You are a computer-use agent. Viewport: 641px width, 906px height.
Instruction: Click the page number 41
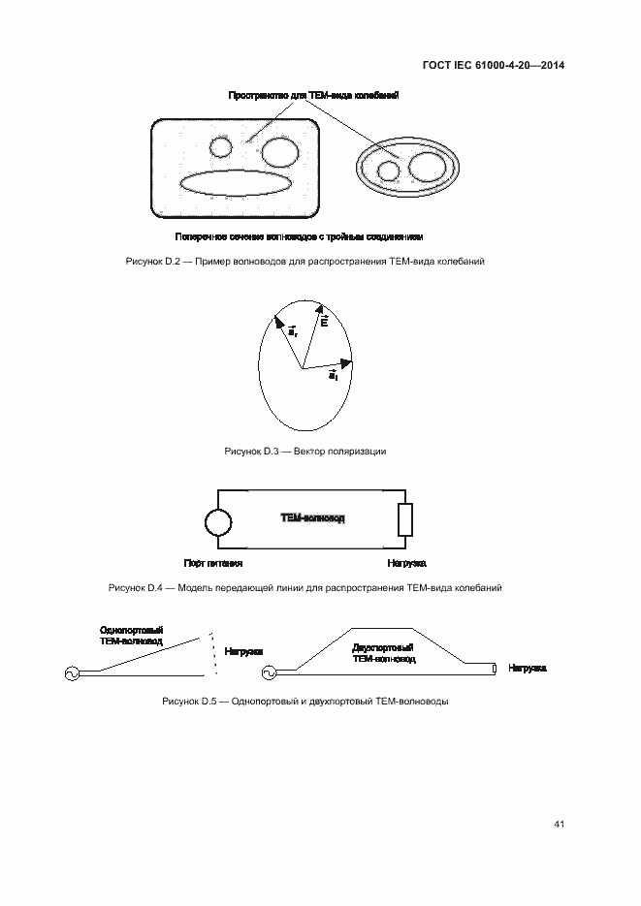click(x=559, y=825)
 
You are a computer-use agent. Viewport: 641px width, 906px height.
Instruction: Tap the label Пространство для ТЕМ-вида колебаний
click(x=313, y=95)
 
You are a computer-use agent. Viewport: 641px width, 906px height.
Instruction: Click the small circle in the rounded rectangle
click(x=221, y=147)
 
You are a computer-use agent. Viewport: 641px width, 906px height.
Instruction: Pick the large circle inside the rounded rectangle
click(x=280, y=153)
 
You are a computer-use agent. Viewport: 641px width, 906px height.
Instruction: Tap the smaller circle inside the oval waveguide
click(x=389, y=172)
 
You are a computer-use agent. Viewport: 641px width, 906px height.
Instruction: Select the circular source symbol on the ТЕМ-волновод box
click(x=218, y=523)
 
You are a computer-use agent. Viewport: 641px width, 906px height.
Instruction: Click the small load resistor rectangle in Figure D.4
click(x=405, y=519)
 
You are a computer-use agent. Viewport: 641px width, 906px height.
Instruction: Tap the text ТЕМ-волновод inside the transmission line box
click(x=312, y=518)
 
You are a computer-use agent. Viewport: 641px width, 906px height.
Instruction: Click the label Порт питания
click(x=212, y=563)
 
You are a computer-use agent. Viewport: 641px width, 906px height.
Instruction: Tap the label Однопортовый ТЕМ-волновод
click(x=131, y=636)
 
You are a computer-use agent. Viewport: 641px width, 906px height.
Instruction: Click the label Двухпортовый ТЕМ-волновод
click(x=384, y=652)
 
